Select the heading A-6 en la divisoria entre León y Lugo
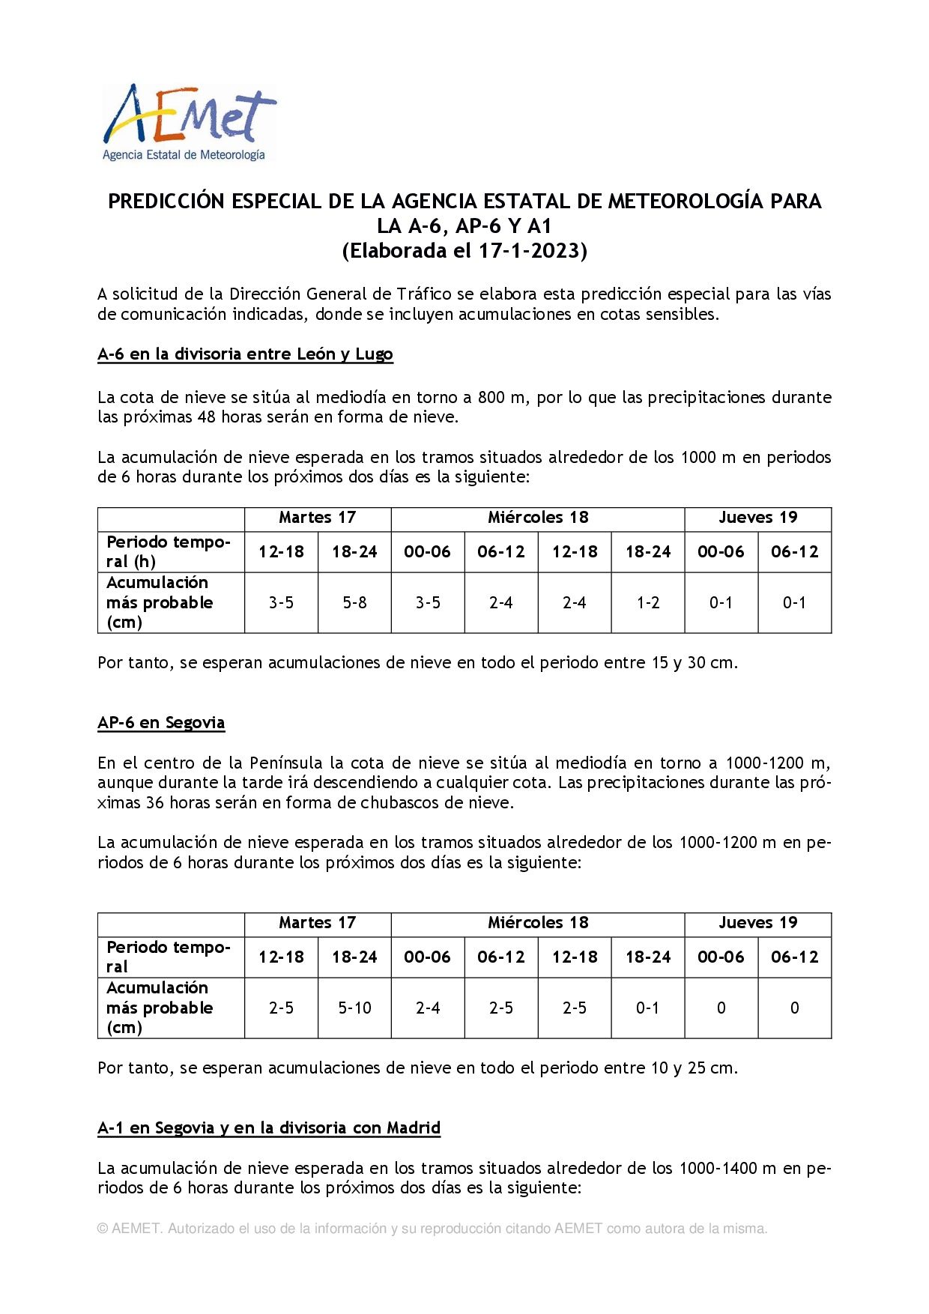tap(245, 354)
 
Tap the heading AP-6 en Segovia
tap(161, 723)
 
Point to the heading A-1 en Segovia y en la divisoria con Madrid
tap(269, 1128)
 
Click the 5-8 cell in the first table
tap(354, 603)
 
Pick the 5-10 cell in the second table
tap(354, 1008)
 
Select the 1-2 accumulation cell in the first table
tap(648, 603)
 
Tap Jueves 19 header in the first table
tap(757, 518)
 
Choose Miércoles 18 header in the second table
tap(538, 923)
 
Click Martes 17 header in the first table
tap(317, 518)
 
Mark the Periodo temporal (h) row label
tap(168, 552)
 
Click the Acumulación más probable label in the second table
tap(159, 1008)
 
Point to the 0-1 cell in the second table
tap(648, 1008)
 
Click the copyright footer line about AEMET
tap(432, 1229)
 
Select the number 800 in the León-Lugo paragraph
tap(491, 398)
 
